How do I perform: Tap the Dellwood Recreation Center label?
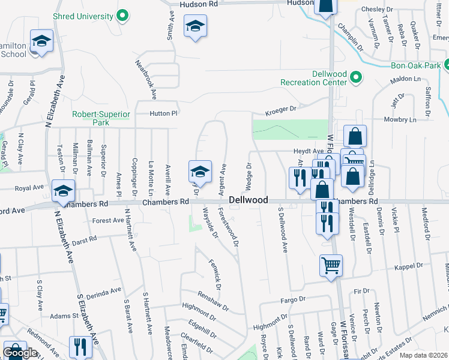click(313, 77)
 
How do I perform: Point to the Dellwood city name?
click(247, 200)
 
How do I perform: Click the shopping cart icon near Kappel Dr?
click(331, 265)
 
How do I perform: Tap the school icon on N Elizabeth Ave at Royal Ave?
click(63, 191)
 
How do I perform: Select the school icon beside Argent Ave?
click(200, 172)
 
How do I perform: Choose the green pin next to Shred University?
click(124, 16)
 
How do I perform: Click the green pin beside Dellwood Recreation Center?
click(355, 77)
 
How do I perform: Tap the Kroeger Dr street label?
click(282, 110)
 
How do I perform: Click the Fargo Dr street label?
click(293, 299)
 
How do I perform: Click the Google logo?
click(20, 353)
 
